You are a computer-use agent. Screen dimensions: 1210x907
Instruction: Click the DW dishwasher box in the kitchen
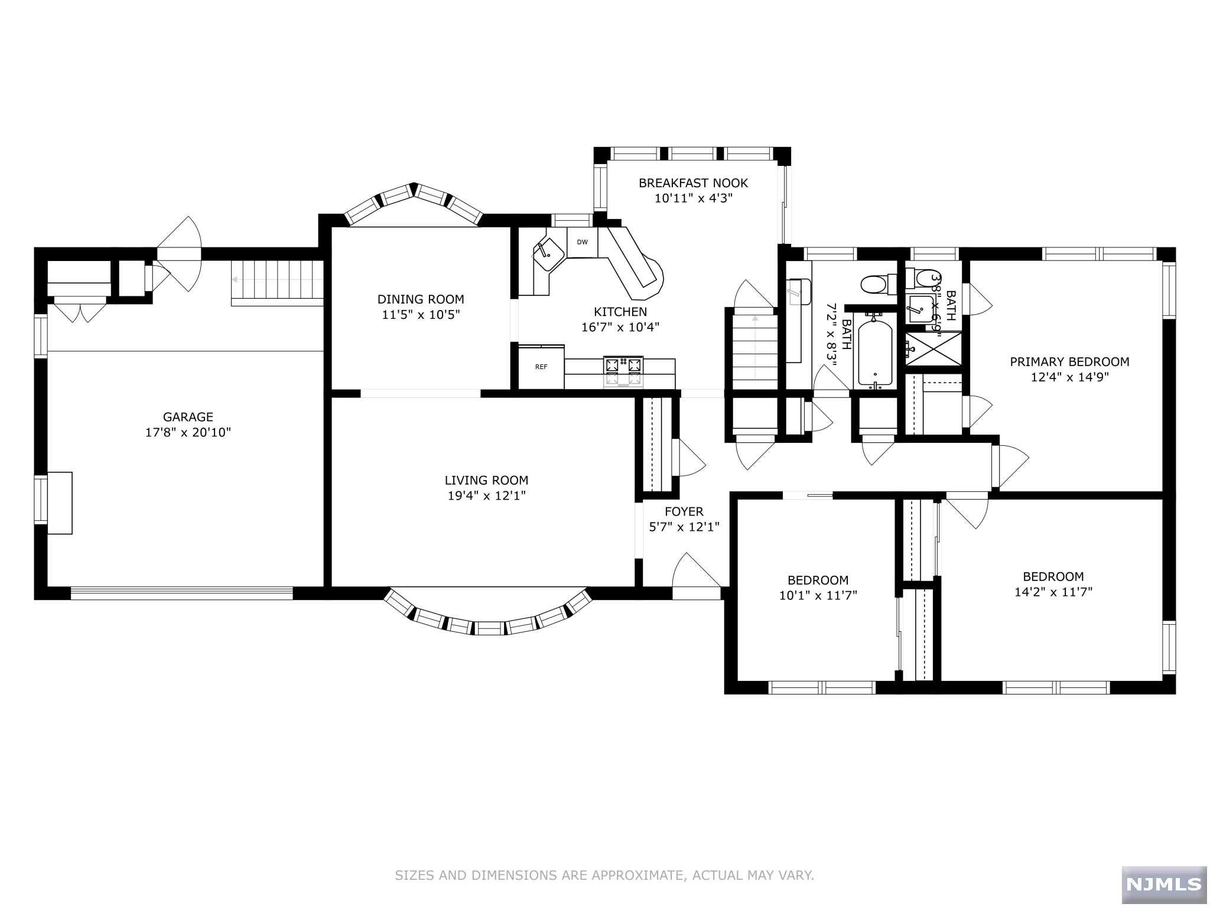582,242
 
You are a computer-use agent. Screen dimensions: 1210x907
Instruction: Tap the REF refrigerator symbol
541,367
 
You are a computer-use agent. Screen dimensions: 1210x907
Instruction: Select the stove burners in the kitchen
623,371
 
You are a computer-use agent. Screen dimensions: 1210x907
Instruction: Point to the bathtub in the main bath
877,352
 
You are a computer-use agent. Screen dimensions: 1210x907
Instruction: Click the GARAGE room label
188,417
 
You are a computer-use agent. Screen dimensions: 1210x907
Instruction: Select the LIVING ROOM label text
486,481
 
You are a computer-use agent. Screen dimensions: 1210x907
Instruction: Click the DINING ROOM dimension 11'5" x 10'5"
421,315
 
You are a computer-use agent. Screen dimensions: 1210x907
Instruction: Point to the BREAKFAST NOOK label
693,183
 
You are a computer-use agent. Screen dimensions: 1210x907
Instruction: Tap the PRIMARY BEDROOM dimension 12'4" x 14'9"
1069,377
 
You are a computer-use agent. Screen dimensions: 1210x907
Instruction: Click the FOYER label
684,511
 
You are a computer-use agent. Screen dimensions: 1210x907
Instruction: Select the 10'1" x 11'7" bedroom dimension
818,596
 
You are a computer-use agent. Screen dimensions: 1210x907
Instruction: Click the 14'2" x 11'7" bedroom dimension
1053,592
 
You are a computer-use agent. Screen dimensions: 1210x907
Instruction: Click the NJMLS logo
1163,883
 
